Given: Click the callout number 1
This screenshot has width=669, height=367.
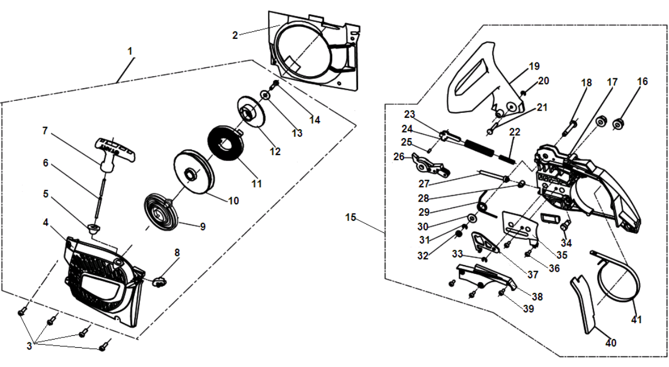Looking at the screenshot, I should click(x=130, y=51).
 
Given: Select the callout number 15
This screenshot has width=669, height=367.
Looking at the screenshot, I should click(x=351, y=217).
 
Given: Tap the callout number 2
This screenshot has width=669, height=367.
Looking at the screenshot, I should click(x=235, y=35).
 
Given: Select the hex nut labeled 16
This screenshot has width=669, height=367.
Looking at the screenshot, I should click(x=617, y=124).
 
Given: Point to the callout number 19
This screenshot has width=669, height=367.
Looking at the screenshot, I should click(x=534, y=67).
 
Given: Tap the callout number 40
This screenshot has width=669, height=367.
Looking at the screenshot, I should click(x=611, y=343).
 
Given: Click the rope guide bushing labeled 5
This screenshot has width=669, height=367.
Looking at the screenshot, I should click(x=94, y=227).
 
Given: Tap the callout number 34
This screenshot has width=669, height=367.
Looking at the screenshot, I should click(x=566, y=243).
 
